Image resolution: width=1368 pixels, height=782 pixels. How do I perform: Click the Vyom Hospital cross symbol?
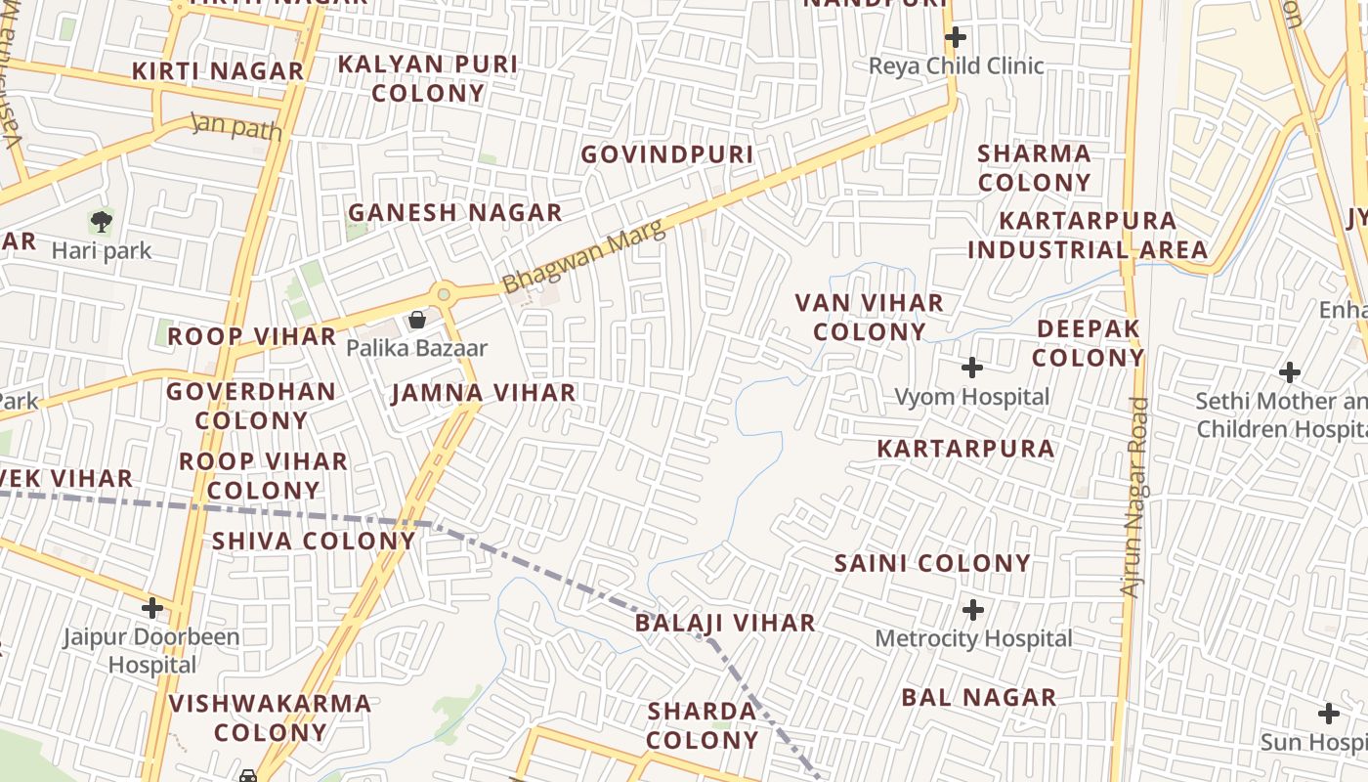click(972, 368)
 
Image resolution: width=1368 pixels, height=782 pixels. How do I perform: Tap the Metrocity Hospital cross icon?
click(973, 610)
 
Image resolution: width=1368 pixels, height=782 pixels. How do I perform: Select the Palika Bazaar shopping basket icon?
click(417, 320)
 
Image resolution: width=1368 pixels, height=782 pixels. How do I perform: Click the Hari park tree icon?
click(101, 221)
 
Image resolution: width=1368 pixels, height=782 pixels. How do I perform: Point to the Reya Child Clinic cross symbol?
click(956, 38)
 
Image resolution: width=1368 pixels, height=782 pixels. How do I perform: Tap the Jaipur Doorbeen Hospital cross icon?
click(152, 608)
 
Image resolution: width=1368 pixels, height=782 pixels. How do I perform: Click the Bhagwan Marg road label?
click(583, 256)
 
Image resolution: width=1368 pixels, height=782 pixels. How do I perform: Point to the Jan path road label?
click(236, 127)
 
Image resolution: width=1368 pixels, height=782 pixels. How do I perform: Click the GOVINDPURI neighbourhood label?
click(667, 154)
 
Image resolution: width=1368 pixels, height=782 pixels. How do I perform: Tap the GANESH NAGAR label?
click(455, 212)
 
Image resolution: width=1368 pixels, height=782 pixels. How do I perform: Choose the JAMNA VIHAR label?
click(484, 393)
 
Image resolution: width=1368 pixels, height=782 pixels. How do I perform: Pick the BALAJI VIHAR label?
click(725, 623)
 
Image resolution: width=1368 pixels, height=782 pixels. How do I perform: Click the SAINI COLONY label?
click(932, 563)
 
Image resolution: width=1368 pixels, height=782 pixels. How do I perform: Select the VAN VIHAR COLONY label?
click(870, 317)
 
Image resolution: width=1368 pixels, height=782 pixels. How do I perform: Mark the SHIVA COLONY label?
click(314, 541)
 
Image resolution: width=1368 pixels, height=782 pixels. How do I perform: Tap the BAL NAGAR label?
click(978, 697)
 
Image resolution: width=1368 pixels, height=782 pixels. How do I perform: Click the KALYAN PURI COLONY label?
click(428, 78)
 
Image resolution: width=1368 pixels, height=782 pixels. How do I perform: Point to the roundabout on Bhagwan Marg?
click(445, 293)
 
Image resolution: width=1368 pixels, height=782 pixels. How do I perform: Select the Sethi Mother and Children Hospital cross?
click(1290, 372)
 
